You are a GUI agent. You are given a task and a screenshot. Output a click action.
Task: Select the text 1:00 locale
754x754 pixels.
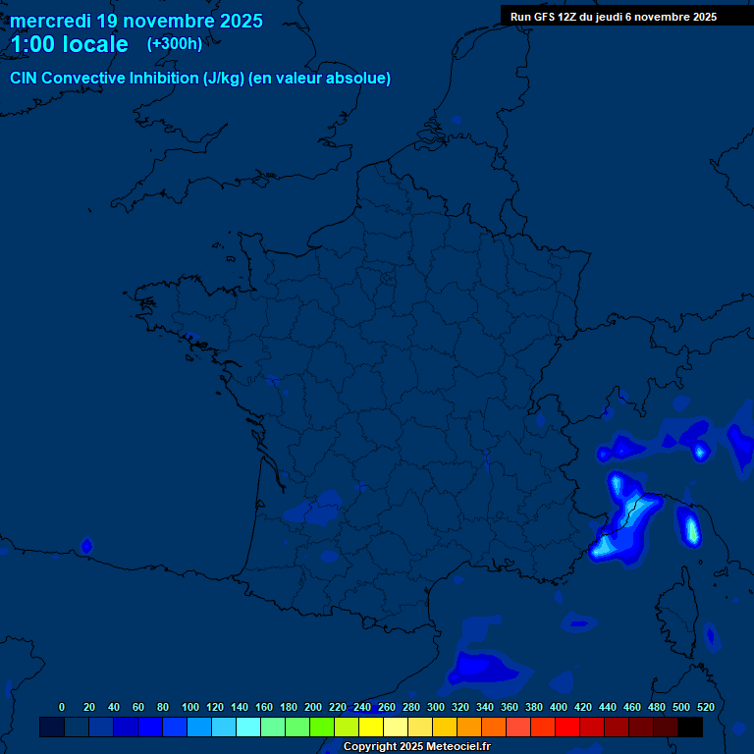(x=69, y=44)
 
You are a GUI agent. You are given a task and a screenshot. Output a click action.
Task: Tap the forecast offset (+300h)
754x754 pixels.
(x=175, y=43)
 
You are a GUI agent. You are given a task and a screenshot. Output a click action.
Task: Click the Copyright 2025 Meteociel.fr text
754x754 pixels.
(x=416, y=746)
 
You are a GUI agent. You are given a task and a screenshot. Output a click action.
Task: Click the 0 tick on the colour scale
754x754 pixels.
(x=62, y=707)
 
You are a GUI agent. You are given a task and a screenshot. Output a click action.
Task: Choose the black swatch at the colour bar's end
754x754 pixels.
(x=690, y=727)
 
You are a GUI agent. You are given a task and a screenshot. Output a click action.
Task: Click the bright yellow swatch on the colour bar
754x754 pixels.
(x=371, y=727)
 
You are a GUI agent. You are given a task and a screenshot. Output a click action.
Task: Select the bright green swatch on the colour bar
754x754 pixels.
(x=322, y=727)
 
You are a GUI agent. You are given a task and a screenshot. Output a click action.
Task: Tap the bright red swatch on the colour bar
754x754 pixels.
(x=567, y=727)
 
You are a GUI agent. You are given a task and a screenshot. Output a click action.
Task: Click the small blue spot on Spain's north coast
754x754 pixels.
(x=86, y=545)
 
